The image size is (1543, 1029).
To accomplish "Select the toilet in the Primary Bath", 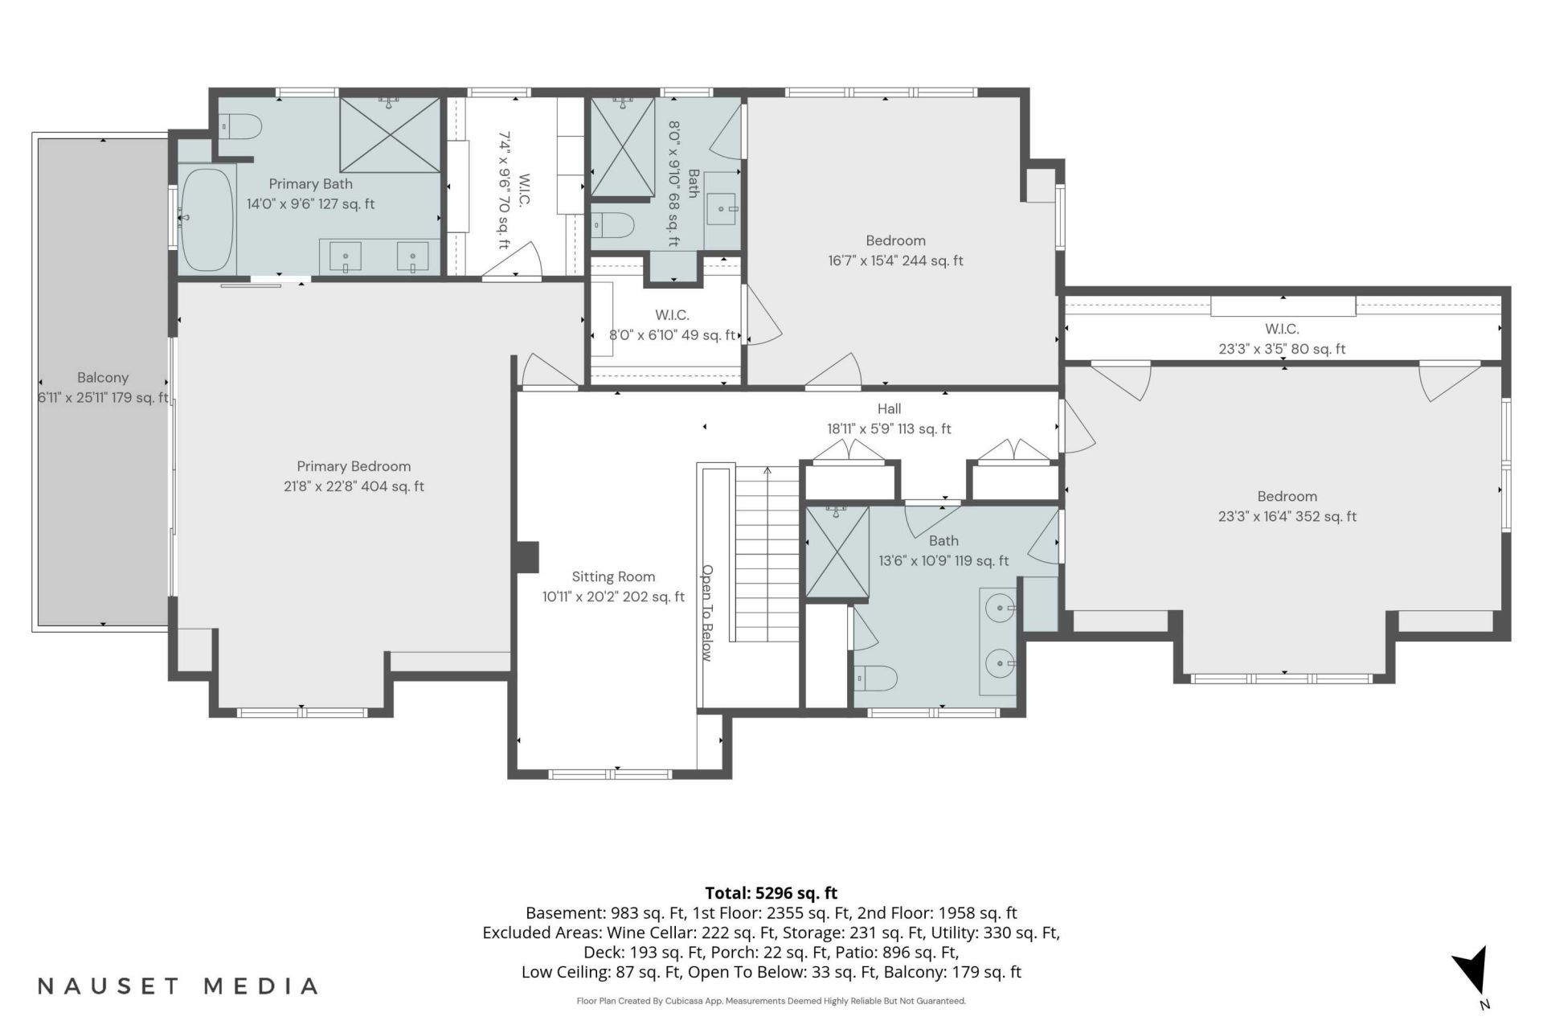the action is pos(241,127).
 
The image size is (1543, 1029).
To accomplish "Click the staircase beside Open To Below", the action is pos(767,554).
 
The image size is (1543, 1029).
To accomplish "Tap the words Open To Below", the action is pos(707,613).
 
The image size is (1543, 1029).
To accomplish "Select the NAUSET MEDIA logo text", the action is pos(178,986).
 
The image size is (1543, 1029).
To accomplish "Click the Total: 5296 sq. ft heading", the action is pos(771,893).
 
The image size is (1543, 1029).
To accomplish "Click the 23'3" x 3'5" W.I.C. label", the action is pos(1282,338).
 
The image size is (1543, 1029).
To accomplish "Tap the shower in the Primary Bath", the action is pos(390,134).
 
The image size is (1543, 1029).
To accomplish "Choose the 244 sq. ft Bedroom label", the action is pos(895,250).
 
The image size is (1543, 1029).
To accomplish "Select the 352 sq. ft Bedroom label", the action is pos(1287,506).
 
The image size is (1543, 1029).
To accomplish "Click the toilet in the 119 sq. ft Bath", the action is pos(875,678).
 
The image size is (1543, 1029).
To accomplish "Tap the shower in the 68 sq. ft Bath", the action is pos(623,146).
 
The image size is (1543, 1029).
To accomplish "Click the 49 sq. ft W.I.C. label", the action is pos(672,325).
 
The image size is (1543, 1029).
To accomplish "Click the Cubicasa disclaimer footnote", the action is pos(771,1001).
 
